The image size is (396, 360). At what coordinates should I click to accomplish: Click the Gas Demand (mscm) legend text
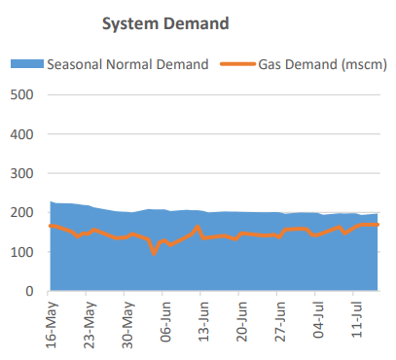(320, 64)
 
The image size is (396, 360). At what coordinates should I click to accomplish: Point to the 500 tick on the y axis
(21, 95)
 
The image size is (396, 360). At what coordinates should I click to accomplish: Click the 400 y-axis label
(21, 134)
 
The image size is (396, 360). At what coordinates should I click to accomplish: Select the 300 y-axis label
(21, 173)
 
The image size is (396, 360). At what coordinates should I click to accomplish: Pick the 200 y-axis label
(21, 213)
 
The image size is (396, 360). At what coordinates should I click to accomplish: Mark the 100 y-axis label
(21, 252)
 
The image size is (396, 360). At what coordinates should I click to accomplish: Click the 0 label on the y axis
(29, 291)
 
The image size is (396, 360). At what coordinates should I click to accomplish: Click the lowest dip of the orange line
(154, 253)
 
